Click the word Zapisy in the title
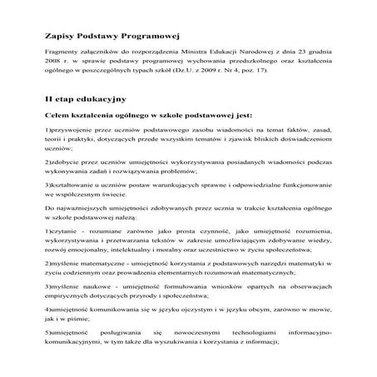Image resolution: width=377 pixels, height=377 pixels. point(59,37)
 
